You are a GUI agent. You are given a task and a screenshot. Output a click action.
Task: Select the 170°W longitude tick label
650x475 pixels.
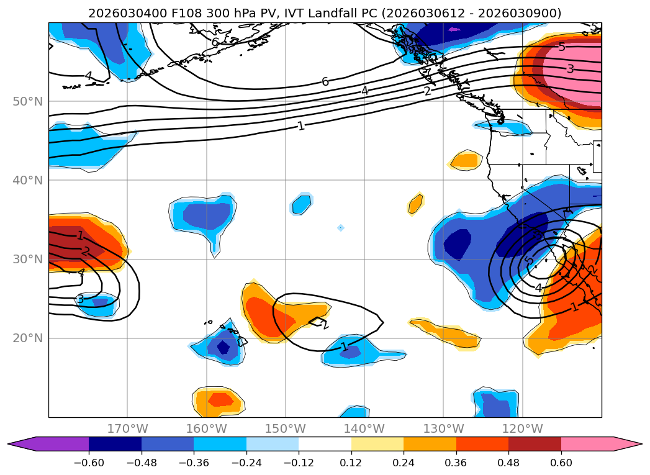[x=127, y=428]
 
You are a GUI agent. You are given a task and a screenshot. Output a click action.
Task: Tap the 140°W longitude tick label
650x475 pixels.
[x=364, y=428]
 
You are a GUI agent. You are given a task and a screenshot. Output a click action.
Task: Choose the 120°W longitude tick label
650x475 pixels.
[x=522, y=428]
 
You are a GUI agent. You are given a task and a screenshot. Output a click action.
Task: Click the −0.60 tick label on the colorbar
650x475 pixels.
[x=89, y=463]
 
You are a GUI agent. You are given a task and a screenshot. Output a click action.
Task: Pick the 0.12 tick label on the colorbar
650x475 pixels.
[x=351, y=463]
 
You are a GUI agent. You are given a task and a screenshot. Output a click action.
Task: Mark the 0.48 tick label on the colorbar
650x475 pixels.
[x=508, y=463]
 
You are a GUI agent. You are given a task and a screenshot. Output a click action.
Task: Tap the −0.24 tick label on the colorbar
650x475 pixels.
[x=246, y=463]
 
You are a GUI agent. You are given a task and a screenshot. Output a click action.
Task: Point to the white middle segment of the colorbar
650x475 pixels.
[x=325, y=444]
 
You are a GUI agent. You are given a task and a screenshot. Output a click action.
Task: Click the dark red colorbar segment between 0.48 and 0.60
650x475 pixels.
[x=535, y=444]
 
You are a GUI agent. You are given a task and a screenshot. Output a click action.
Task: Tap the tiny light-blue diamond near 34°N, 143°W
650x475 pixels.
[x=341, y=228]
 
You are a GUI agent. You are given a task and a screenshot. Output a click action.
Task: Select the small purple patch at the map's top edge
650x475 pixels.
[x=454, y=29]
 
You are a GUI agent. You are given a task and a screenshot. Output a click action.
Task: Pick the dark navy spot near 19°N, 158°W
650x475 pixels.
[x=223, y=348]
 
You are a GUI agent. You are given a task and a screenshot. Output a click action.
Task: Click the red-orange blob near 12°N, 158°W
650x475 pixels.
[x=219, y=400]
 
